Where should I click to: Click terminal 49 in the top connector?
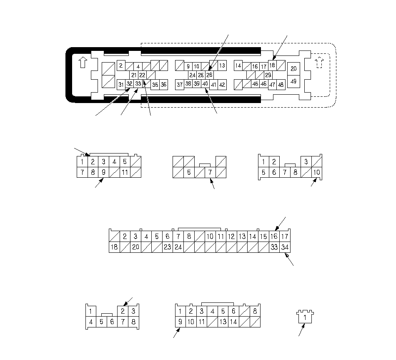pyautogui.click(x=293, y=81)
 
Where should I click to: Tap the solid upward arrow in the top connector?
pyautogui.click(x=83, y=63)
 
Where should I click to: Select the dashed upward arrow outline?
pyautogui.click(x=319, y=63)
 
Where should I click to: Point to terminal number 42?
pyautogui.click(x=222, y=85)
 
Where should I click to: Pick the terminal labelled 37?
pyautogui.click(x=180, y=85)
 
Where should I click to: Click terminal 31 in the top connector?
pyautogui.click(x=121, y=85)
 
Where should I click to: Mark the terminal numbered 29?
pyautogui.click(x=268, y=75)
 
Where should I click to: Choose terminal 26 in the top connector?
pyautogui.click(x=209, y=75)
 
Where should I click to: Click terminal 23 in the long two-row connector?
pyautogui.click(x=168, y=247)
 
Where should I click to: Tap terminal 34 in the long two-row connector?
pyautogui.click(x=285, y=247)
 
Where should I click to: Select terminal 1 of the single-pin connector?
pyautogui.click(x=305, y=317)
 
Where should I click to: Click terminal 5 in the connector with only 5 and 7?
pyautogui.click(x=189, y=172)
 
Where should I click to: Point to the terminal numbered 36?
pyautogui.click(x=164, y=85)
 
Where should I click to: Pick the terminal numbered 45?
pyautogui.click(x=256, y=84)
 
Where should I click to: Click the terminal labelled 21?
pyautogui.click(x=134, y=75)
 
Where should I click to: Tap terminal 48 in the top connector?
pyautogui.click(x=281, y=85)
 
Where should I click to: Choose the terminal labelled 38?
pyautogui.click(x=188, y=84)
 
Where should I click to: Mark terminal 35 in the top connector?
pyautogui.click(x=155, y=85)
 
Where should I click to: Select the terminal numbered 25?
pyautogui.click(x=201, y=75)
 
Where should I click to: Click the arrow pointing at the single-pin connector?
pyautogui.click(x=301, y=330)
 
